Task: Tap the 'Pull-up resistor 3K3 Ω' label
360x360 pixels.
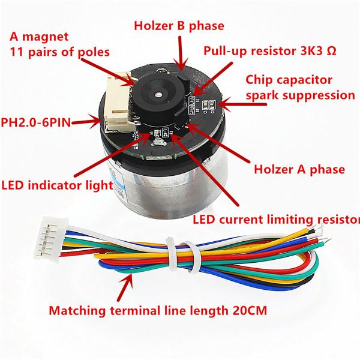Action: coord(269,51)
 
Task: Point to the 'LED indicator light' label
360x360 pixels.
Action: coord(57,185)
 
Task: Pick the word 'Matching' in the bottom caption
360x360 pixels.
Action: coord(73,311)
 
